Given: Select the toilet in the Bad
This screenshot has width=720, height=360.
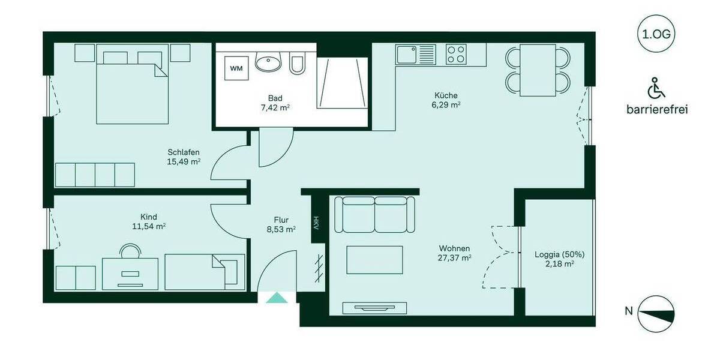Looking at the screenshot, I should (x=297, y=64).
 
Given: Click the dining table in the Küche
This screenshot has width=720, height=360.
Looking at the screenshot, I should (x=538, y=70).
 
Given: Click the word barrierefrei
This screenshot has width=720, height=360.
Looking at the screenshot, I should (x=656, y=110).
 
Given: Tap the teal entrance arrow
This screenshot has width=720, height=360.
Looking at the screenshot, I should (x=277, y=296).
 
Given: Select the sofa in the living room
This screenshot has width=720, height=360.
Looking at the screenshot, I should (x=374, y=214).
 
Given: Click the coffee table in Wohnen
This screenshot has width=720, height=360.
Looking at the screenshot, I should (x=374, y=260).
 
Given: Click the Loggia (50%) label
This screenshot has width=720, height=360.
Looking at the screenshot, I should (x=559, y=254).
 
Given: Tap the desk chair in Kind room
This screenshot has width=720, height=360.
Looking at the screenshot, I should (x=130, y=251).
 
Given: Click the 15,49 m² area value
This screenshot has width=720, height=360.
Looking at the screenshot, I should (x=184, y=161).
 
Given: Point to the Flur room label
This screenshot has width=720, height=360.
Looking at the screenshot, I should (x=281, y=220).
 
